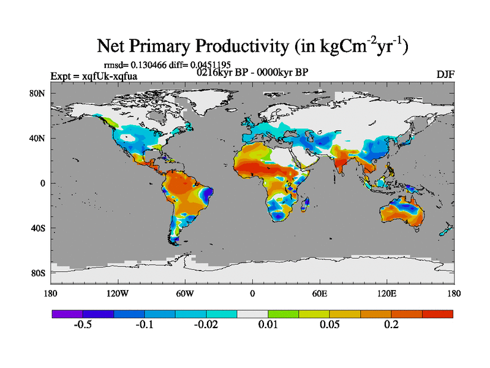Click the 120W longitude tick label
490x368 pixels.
pos(118,294)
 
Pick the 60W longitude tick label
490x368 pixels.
pos(185,294)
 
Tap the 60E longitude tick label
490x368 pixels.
pos(320,294)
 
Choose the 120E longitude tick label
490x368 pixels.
pos(387,294)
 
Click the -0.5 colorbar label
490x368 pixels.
pos(83,324)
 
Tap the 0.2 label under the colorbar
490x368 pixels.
pos(392,324)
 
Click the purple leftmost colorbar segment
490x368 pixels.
pos(67,313)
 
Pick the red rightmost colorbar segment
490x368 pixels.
pos(437,313)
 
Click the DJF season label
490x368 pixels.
pos(445,75)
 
